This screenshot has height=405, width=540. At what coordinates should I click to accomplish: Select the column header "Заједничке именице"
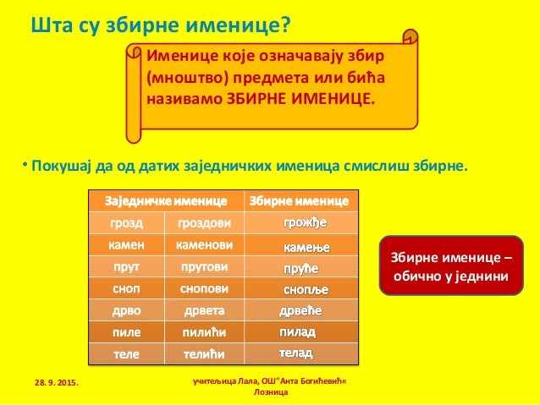(x=166, y=201)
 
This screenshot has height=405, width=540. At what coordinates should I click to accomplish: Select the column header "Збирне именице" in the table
(x=297, y=201)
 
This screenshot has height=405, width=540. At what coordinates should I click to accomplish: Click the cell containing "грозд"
(x=127, y=224)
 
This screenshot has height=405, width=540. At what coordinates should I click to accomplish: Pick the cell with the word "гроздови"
(x=204, y=224)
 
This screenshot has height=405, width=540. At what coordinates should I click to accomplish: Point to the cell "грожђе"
(x=302, y=223)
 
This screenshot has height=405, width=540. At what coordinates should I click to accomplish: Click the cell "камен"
(x=127, y=245)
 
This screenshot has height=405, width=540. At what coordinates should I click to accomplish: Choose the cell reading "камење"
(x=302, y=247)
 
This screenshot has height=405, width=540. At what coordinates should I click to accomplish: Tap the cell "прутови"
(x=204, y=267)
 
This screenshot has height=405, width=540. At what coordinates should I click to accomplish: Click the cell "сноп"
(x=127, y=288)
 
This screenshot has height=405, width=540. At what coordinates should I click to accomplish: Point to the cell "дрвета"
(x=204, y=310)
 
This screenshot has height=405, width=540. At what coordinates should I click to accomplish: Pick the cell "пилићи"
(x=204, y=331)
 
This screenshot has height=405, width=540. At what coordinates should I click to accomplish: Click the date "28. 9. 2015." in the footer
(x=51, y=385)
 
